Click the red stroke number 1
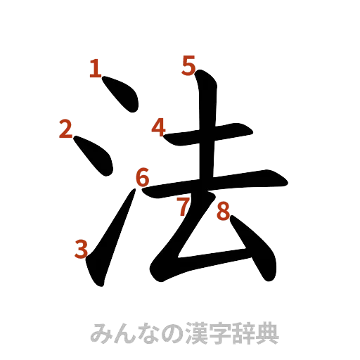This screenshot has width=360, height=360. tap(95, 67)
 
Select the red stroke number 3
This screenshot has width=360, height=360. tap(82, 247)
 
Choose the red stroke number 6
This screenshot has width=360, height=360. tap(142, 176)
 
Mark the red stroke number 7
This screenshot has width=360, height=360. tap(184, 207)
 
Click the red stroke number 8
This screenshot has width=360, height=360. tap(223, 211)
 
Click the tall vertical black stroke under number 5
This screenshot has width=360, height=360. tap(206, 141)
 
